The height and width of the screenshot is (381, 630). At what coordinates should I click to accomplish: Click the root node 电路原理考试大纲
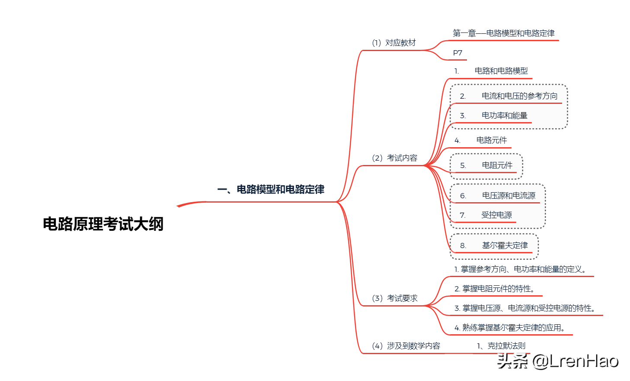pyautogui.click(x=103, y=224)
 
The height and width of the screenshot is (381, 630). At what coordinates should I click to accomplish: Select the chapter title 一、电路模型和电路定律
pyautogui.click(x=271, y=189)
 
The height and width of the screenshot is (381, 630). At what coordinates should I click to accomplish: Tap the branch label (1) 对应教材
pyautogui.click(x=393, y=42)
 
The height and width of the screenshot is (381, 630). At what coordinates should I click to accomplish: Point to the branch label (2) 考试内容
pyautogui.click(x=394, y=158)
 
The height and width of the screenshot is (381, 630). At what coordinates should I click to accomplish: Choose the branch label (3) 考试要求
pyautogui.click(x=394, y=298)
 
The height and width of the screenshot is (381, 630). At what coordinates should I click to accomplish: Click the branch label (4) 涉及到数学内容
pyautogui.click(x=406, y=346)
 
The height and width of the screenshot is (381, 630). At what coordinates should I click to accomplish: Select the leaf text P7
pyautogui.click(x=457, y=53)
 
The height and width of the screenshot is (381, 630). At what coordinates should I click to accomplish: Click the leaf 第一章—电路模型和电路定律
pyautogui.click(x=503, y=33)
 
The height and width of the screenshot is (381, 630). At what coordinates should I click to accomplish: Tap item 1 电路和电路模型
pyautogui.click(x=491, y=71)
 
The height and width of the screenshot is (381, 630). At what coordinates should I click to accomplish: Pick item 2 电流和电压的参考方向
pyautogui.click(x=509, y=96)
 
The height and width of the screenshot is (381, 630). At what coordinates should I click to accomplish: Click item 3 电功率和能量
pyautogui.click(x=494, y=116)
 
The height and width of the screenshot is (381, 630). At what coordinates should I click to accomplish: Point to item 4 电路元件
pyautogui.click(x=481, y=140)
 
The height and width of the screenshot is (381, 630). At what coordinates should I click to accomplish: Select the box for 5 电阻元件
pyautogui.click(x=486, y=165)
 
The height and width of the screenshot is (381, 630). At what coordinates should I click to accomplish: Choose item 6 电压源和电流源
pyautogui.click(x=498, y=196)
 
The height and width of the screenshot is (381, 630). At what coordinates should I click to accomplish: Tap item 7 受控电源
pyautogui.click(x=486, y=215)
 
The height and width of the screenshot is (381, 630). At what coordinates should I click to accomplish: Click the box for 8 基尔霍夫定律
pyautogui.click(x=494, y=245)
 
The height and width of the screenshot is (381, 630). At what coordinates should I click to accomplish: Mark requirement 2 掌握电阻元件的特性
pyautogui.click(x=494, y=289)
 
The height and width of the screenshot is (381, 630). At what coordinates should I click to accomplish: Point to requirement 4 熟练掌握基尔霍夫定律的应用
pyautogui.click(x=509, y=328)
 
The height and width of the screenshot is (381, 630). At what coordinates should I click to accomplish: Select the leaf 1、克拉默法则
pyautogui.click(x=501, y=346)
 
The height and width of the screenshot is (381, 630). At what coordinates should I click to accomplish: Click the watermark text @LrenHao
pyautogui.click(x=574, y=360)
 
